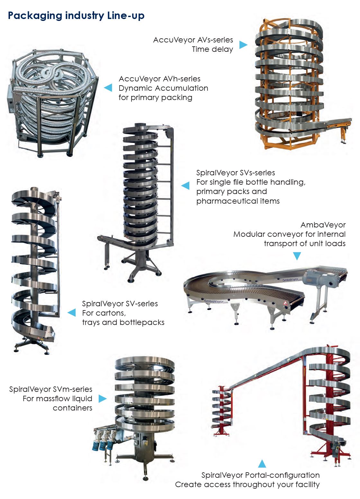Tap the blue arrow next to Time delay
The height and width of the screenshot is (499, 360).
[243, 44]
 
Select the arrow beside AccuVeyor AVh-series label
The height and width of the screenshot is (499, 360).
[108, 88]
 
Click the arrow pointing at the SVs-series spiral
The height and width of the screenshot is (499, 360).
[185, 185]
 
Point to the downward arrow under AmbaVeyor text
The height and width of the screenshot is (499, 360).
[297, 256]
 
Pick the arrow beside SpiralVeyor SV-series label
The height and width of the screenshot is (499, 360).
[71, 312]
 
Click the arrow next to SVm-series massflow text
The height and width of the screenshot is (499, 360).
[103, 399]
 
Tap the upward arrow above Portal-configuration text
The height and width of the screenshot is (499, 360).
[262, 464]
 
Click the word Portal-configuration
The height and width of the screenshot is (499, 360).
[282, 475]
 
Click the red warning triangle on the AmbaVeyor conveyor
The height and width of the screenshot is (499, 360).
[285, 303]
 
